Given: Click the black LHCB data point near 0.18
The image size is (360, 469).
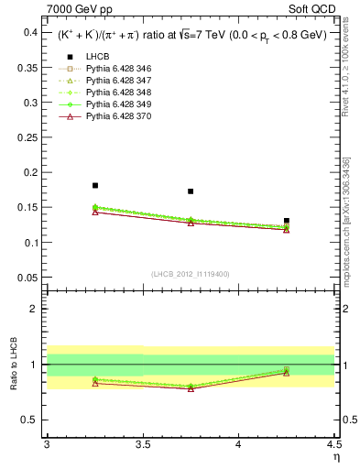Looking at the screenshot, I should click(x=95, y=186).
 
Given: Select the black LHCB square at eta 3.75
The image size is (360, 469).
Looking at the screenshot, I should click(x=191, y=191).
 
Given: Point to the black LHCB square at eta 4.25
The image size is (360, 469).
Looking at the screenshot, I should click(x=287, y=221).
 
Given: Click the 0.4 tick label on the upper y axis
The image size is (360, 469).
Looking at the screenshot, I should click(x=30, y=32).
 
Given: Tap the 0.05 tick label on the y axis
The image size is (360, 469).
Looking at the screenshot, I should click(x=28, y=278).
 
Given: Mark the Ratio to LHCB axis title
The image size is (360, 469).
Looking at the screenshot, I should click(x=13, y=364).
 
